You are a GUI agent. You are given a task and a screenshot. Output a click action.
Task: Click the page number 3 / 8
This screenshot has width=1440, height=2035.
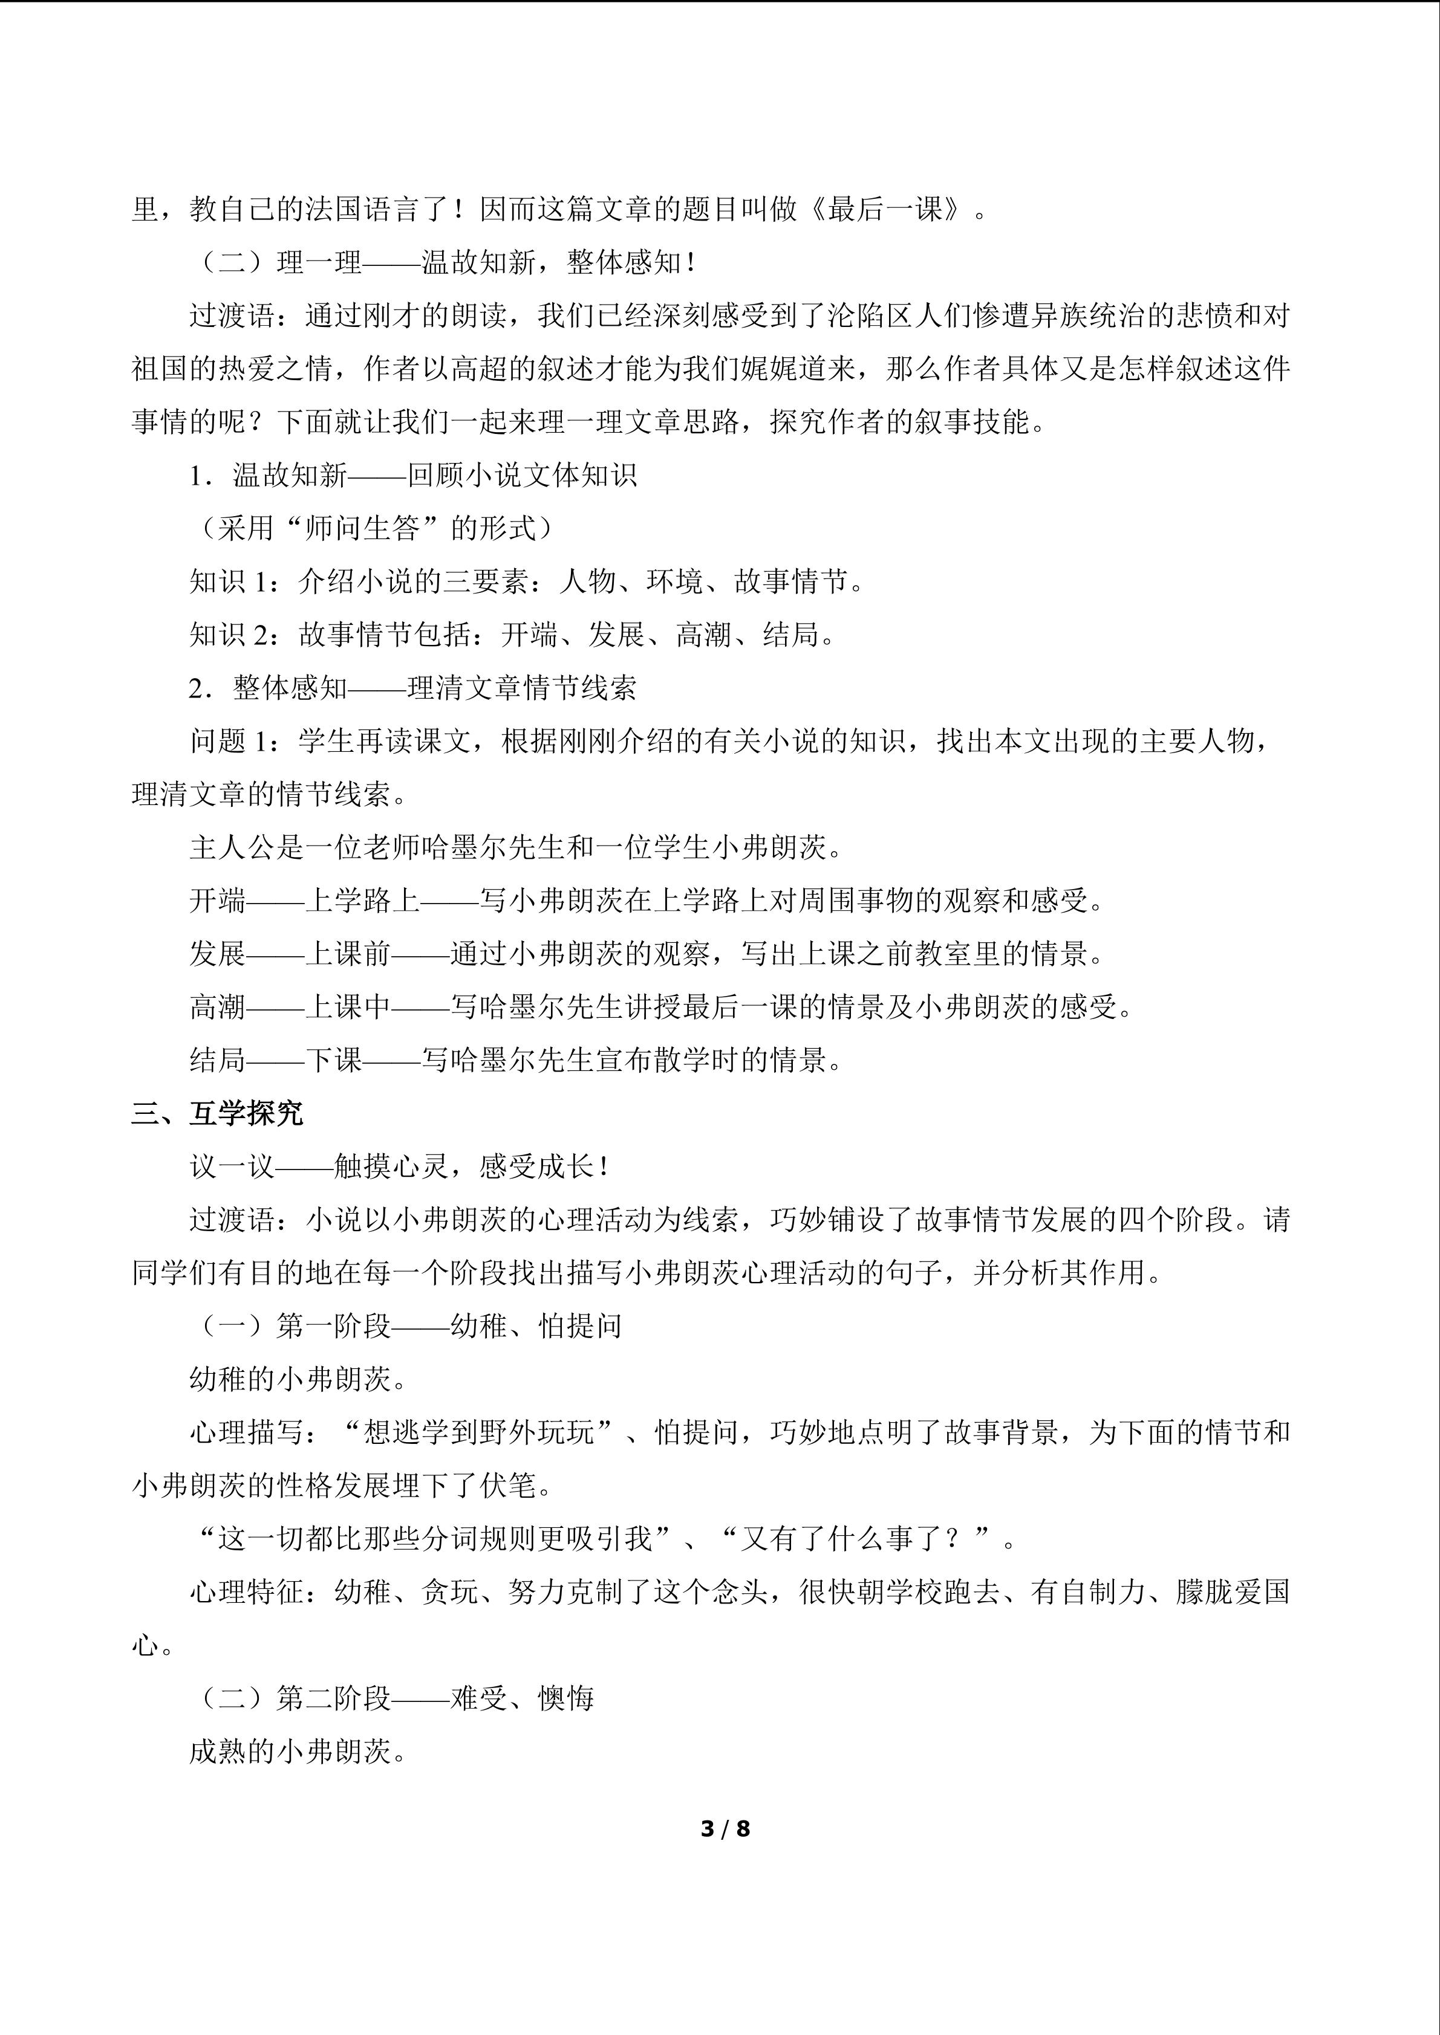(x=725, y=1828)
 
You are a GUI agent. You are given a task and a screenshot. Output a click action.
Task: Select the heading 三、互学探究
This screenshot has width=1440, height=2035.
(x=217, y=1113)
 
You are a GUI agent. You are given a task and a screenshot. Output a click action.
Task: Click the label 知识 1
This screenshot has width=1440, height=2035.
(x=228, y=581)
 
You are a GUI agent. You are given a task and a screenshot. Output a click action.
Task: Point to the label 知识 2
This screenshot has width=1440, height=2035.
(x=228, y=635)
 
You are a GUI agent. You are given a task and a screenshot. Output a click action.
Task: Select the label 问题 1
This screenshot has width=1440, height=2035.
(x=228, y=741)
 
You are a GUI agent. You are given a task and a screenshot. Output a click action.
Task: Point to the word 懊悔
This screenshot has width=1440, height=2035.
(x=565, y=1698)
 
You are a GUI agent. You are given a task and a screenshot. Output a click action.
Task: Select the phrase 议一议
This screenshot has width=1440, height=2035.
(x=232, y=1166)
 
